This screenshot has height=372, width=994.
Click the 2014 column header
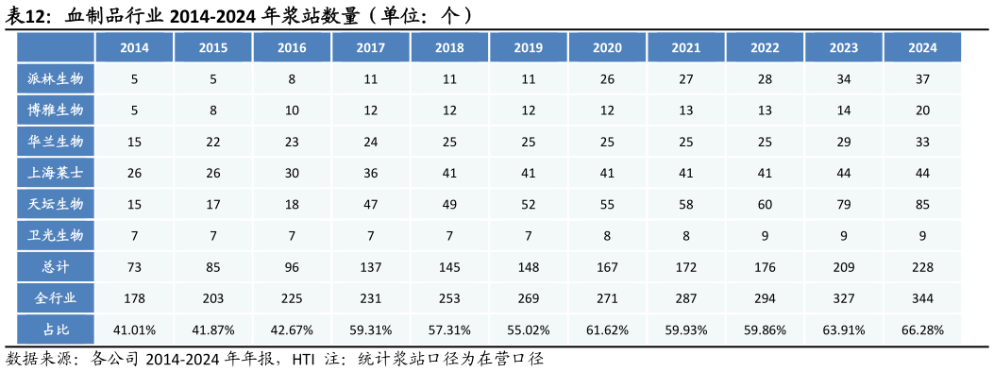134,47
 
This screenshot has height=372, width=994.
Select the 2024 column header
922,47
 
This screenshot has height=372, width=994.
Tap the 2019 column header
528,47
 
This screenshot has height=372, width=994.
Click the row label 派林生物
56,78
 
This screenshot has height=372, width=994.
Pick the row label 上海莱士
56,173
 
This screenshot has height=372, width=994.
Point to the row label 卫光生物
56,235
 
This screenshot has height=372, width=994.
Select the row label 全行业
56,298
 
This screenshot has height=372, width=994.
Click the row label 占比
56,330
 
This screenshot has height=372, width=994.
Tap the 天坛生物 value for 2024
922,204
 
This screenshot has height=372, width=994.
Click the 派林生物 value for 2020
607,78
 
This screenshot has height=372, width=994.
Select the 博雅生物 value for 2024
922,110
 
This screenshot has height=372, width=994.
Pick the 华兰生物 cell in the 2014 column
134,142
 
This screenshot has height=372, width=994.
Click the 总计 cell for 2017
371,267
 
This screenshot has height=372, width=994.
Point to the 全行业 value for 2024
922,298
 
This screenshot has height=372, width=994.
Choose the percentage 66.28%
922,330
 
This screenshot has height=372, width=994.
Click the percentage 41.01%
134,330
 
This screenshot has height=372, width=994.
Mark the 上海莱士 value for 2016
292,173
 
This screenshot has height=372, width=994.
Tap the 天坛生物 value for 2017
371,204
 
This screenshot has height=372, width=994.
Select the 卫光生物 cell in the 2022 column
765,235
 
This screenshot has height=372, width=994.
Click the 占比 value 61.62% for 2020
607,330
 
